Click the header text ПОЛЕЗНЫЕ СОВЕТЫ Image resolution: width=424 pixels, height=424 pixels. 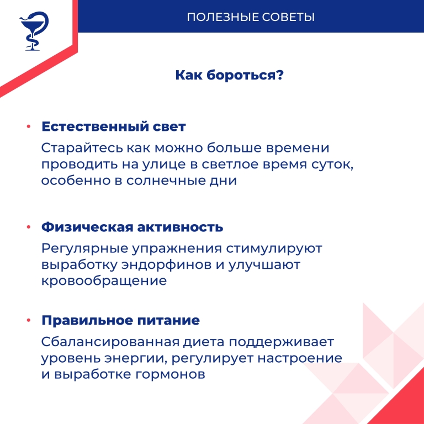251,17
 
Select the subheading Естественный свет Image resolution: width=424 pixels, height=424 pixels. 114,126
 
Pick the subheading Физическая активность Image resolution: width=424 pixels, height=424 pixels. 132,227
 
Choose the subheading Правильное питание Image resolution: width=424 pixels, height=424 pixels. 120,320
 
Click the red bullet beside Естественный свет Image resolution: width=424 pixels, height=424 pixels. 29,127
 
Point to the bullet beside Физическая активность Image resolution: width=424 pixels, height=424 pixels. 29,227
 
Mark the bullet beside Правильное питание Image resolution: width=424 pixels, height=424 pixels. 29,321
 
